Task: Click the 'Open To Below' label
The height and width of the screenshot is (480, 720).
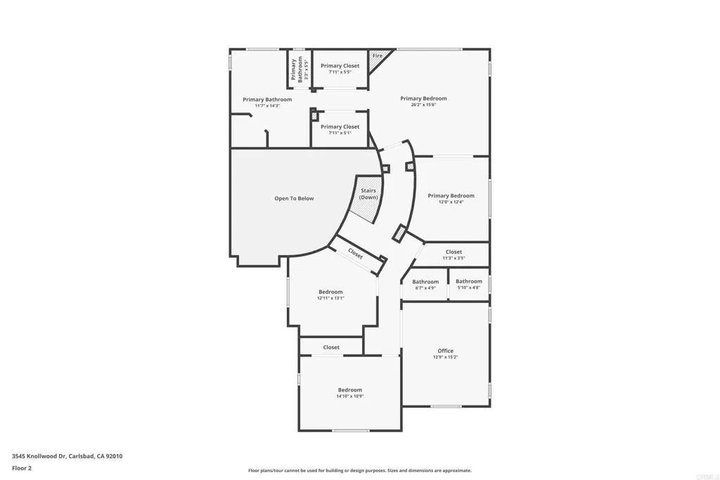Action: point(294,198)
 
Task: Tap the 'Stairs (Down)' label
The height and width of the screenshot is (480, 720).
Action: point(368,194)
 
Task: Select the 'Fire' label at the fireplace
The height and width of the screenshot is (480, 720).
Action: point(378,56)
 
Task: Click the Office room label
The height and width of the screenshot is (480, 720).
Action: point(445,351)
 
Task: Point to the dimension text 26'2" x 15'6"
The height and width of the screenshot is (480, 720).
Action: point(423,105)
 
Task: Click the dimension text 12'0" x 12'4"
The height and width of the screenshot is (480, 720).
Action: point(451,202)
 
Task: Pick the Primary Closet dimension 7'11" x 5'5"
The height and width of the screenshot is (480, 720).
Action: point(340,72)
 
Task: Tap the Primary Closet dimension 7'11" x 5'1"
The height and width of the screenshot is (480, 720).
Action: point(340,134)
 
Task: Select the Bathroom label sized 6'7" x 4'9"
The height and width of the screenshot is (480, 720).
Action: point(425,282)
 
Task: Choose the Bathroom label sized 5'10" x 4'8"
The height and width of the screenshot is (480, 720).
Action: point(469,281)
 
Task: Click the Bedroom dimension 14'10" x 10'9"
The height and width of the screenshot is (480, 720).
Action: point(349,396)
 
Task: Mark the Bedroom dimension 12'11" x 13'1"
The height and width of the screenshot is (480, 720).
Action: point(330,298)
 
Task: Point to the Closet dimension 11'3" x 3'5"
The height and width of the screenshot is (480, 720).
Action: point(454,258)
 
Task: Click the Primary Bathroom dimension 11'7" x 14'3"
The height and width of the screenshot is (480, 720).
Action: point(267,106)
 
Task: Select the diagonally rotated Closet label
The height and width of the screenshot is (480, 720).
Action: point(356,254)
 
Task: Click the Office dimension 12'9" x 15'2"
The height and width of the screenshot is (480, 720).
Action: point(445,357)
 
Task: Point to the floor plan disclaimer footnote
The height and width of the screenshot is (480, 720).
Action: point(359,471)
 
